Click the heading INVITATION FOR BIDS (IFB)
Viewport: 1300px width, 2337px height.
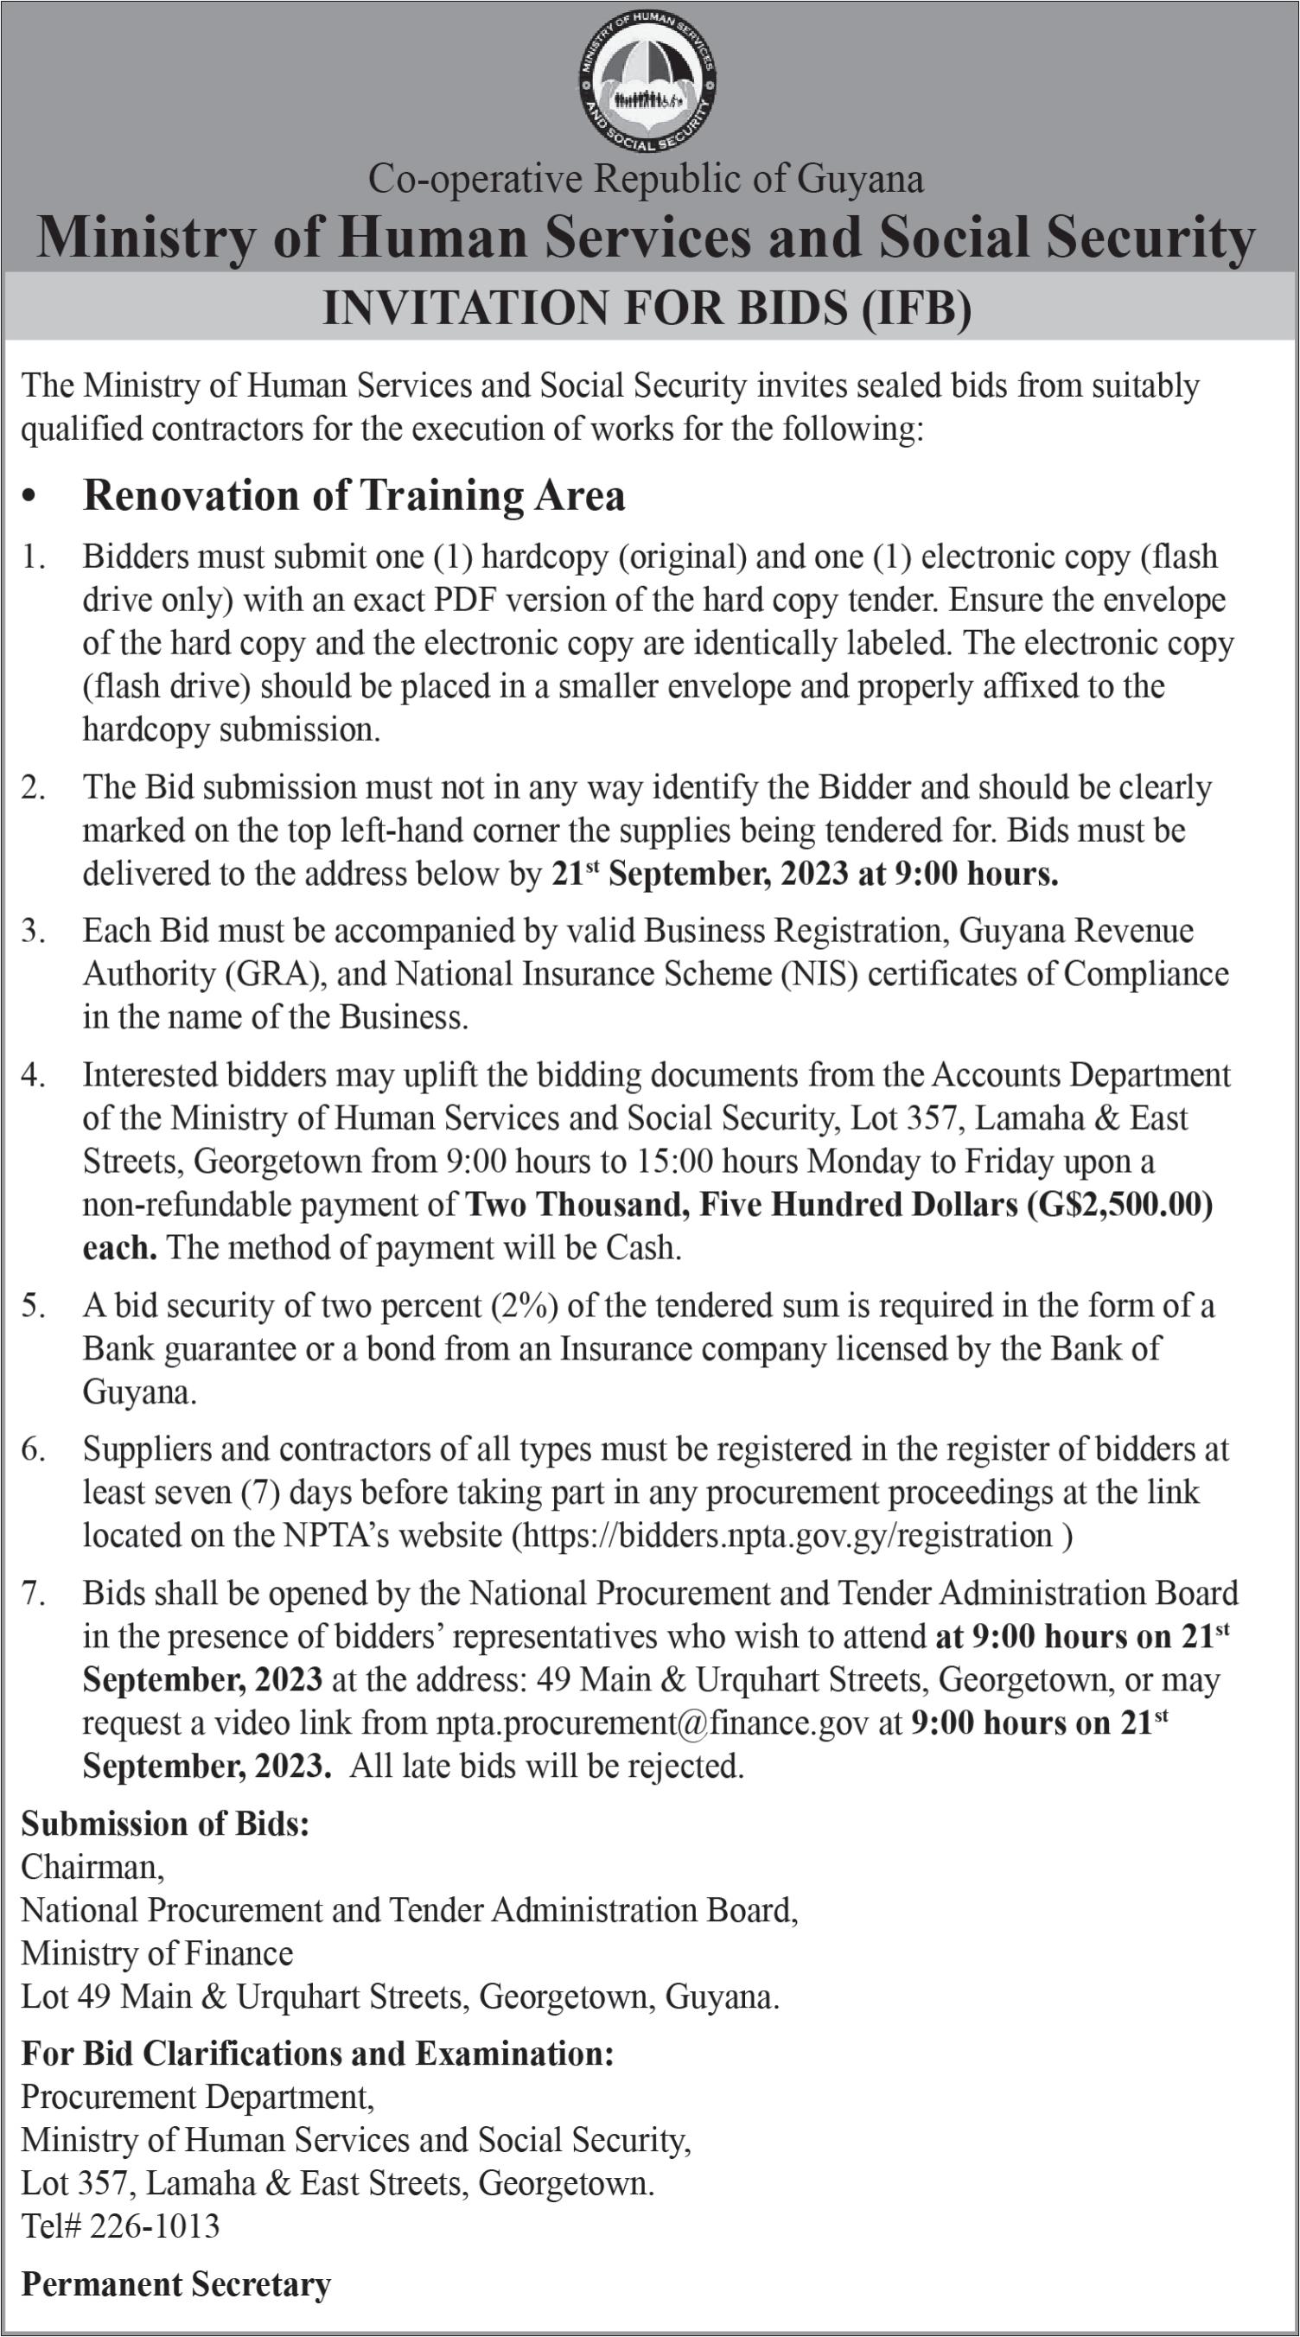tap(647, 309)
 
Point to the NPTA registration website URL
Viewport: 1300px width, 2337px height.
tap(787, 1536)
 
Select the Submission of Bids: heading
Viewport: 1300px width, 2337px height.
tap(165, 1824)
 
